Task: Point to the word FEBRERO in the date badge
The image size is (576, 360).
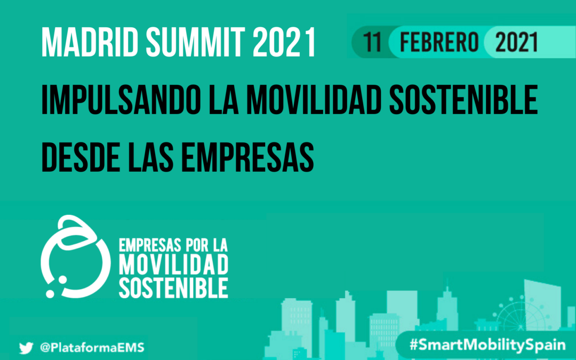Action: (439, 42)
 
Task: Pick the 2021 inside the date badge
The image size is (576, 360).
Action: (516, 42)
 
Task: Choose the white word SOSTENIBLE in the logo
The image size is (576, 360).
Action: (174, 287)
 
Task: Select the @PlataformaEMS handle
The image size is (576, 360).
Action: (92, 348)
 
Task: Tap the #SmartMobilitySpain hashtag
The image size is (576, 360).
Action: (487, 345)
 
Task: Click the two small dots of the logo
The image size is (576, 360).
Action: (55, 286)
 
